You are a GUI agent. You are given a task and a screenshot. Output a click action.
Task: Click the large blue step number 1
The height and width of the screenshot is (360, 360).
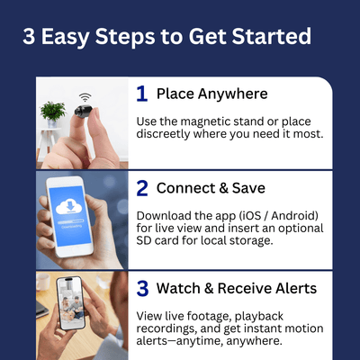pos(142,94)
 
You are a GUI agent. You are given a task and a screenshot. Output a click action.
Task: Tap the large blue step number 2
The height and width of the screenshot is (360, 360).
pos(142,188)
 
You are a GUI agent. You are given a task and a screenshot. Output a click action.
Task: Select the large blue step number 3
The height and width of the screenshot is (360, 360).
pos(142,289)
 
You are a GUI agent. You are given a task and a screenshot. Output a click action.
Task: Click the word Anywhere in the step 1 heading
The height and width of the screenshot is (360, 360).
pos(232,94)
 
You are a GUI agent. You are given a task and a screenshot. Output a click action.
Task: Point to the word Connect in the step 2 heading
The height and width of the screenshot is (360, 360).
pos(185,188)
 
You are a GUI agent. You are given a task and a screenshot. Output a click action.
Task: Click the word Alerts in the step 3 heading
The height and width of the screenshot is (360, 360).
pos(296,288)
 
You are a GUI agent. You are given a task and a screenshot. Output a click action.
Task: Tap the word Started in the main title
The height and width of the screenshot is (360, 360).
pos(272,36)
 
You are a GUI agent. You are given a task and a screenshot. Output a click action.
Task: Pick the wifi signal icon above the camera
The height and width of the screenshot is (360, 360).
pos(85,97)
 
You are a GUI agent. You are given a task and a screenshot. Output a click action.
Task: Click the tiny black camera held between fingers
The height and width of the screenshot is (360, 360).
pos(82,110)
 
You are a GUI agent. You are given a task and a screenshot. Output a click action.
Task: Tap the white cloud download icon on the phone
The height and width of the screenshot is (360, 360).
pos(70,207)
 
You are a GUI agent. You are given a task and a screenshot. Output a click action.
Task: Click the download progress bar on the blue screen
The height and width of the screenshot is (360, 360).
pos(70,222)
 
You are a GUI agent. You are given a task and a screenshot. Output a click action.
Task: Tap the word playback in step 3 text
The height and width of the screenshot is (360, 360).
pos(259,317)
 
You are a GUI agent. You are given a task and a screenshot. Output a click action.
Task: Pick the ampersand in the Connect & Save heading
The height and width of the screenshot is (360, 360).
pos(223,188)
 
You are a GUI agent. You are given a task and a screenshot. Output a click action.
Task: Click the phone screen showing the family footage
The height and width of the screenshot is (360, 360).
pos(71,302)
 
